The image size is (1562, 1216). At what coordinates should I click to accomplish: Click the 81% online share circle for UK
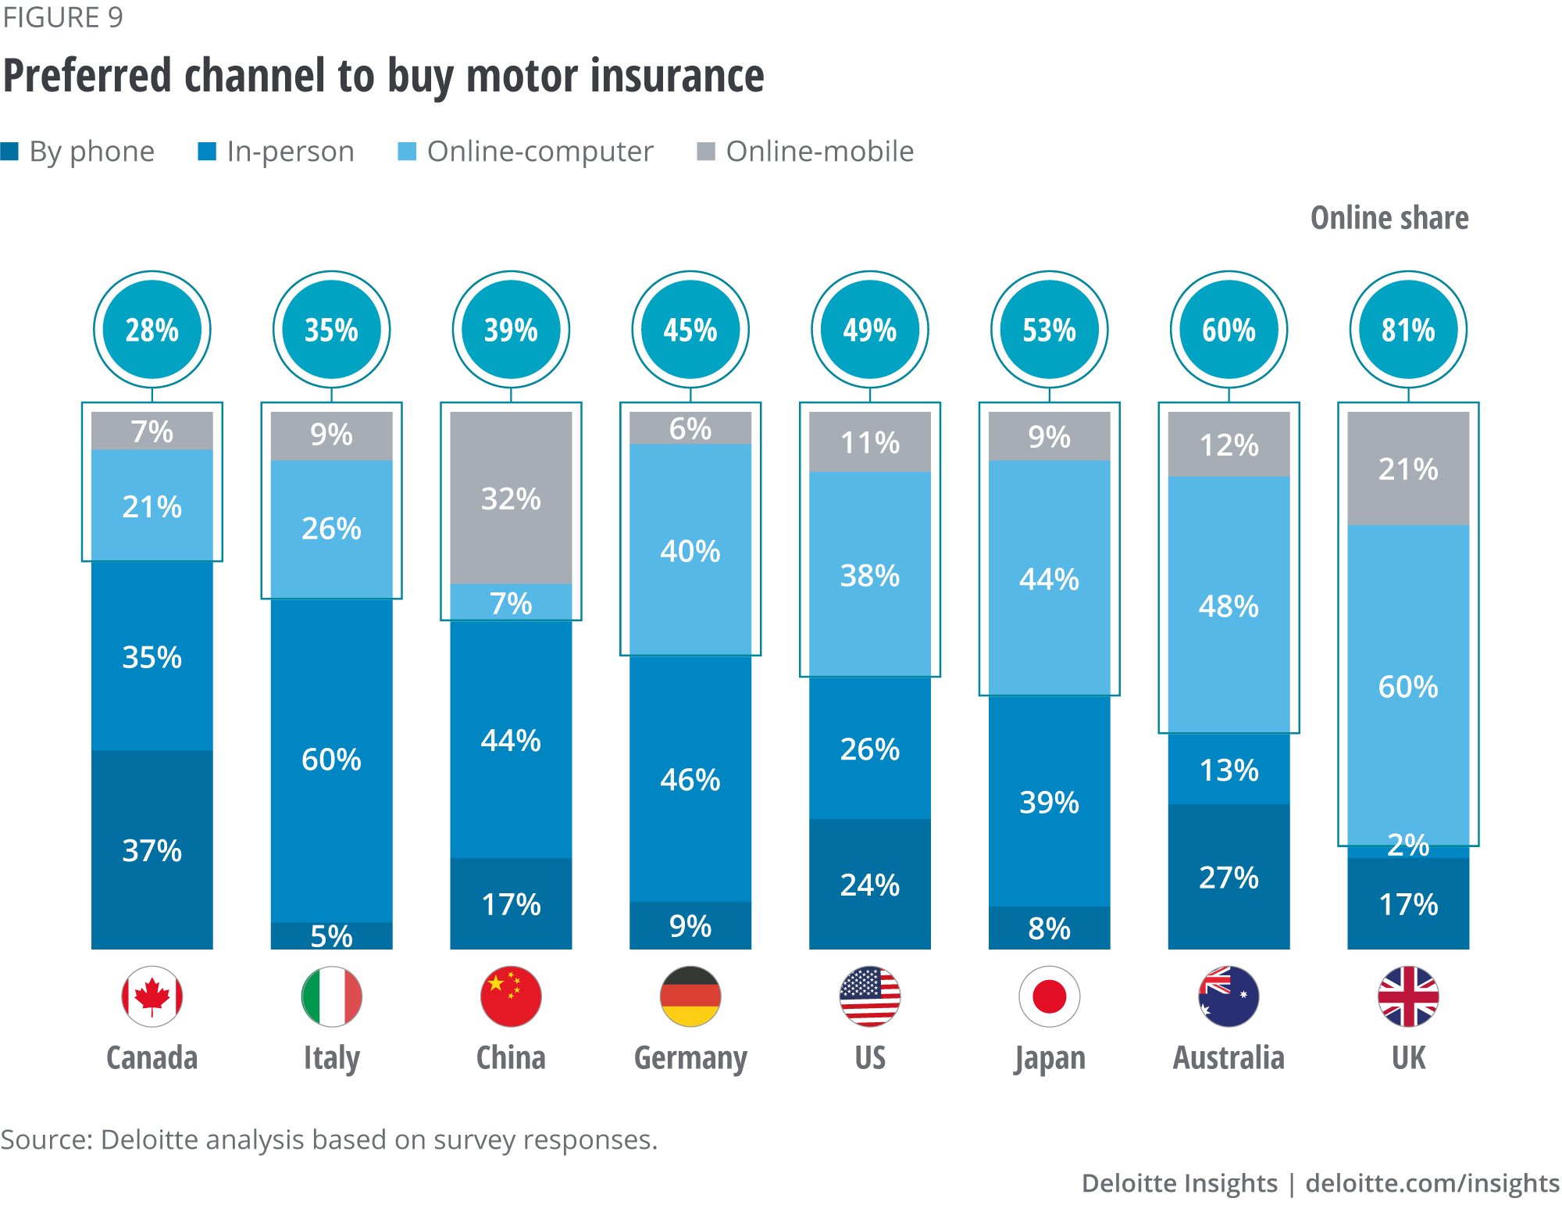(1408, 330)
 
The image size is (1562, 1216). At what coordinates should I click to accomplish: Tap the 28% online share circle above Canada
(152, 330)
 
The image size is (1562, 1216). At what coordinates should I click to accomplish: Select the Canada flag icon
(152, 996)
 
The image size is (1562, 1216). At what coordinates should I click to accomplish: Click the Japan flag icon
(1049, 996)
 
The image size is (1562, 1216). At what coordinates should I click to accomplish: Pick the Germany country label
(690, 1058)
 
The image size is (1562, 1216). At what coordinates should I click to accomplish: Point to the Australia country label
(1229, 1058)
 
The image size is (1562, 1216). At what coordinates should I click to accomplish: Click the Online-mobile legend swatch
(705, 152)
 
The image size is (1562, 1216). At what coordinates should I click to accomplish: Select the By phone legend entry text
(91, 152)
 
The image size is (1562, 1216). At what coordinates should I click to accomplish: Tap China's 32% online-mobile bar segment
(511, 499)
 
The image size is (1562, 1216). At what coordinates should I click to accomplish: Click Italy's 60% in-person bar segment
(331, 760)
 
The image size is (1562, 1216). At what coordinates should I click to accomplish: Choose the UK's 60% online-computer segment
(1408, 686)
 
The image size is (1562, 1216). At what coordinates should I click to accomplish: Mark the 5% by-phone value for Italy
(331, 936)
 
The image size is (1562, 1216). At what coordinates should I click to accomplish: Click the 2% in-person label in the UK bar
(1408, 846)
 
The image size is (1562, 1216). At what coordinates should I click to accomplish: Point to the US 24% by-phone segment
(869, 885)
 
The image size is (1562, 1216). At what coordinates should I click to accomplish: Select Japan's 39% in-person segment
(1049, 802)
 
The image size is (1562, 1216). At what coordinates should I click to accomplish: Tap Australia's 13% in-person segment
(1229, 770)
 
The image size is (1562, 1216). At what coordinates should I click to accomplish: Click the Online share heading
(1389, 218)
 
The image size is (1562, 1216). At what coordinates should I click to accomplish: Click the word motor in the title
(522, 77)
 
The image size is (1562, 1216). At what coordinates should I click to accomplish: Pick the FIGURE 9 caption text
(62, 17)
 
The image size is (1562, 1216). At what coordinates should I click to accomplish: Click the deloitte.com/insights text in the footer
(1432, 1183)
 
